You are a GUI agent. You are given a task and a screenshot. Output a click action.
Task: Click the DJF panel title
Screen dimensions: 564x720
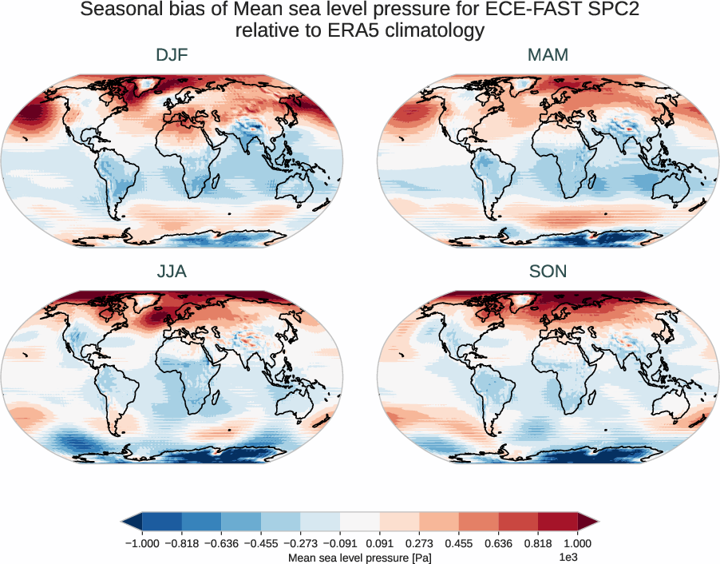coord(172,55)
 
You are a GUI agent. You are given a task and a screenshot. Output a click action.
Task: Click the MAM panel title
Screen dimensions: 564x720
coord(548,55)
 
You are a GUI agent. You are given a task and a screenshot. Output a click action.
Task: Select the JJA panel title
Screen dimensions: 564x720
coord(172,272)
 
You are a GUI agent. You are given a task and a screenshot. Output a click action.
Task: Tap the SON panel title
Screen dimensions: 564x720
coord(548,272)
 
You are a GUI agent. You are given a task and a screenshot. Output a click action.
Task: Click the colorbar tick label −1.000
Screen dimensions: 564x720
coord(142,543)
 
